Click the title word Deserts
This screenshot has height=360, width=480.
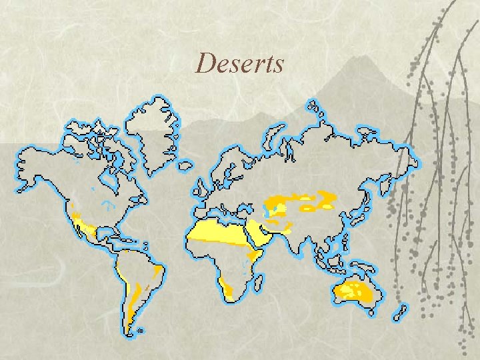pos(240,64)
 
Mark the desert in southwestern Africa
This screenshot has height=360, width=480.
pos(229,289)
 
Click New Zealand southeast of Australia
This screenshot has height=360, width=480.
pos(401,312)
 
